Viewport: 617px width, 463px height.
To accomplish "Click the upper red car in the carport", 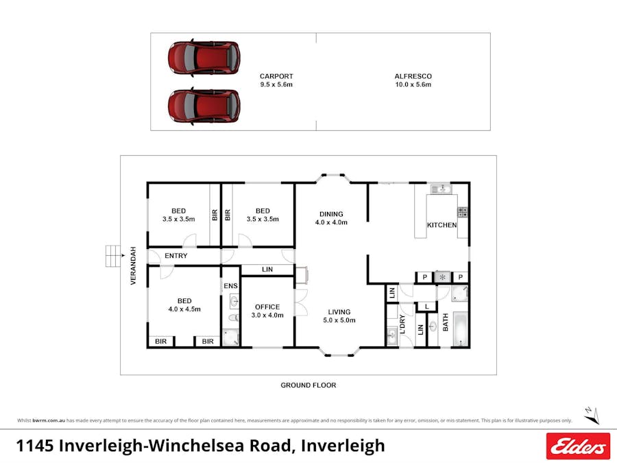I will (x=204, y=58).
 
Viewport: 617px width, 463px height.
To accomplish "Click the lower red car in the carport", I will (x=204, y=106).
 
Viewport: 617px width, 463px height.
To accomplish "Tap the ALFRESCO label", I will (x=413, y=76).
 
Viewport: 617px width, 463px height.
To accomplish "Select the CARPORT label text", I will (x=276, y=76).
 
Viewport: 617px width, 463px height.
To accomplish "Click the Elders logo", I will (x=578, y=446).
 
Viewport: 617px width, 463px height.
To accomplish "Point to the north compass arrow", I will (x=592, y=414).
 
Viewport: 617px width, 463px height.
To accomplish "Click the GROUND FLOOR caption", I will (x=308, y=385).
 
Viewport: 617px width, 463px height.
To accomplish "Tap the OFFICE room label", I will (x=267, y=307).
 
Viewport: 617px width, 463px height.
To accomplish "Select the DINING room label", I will (x=331, y=214).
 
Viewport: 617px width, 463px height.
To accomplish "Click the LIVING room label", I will (x=340, y=311).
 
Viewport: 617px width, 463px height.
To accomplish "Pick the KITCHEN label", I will (x=441, y=225).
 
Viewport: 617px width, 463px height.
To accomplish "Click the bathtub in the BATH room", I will (x=461, y=329).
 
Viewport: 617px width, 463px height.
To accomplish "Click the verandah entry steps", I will (x=111, y=256).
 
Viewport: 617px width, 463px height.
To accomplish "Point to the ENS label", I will (x=230, y=285).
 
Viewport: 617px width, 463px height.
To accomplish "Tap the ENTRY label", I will (x=176, y=256).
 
